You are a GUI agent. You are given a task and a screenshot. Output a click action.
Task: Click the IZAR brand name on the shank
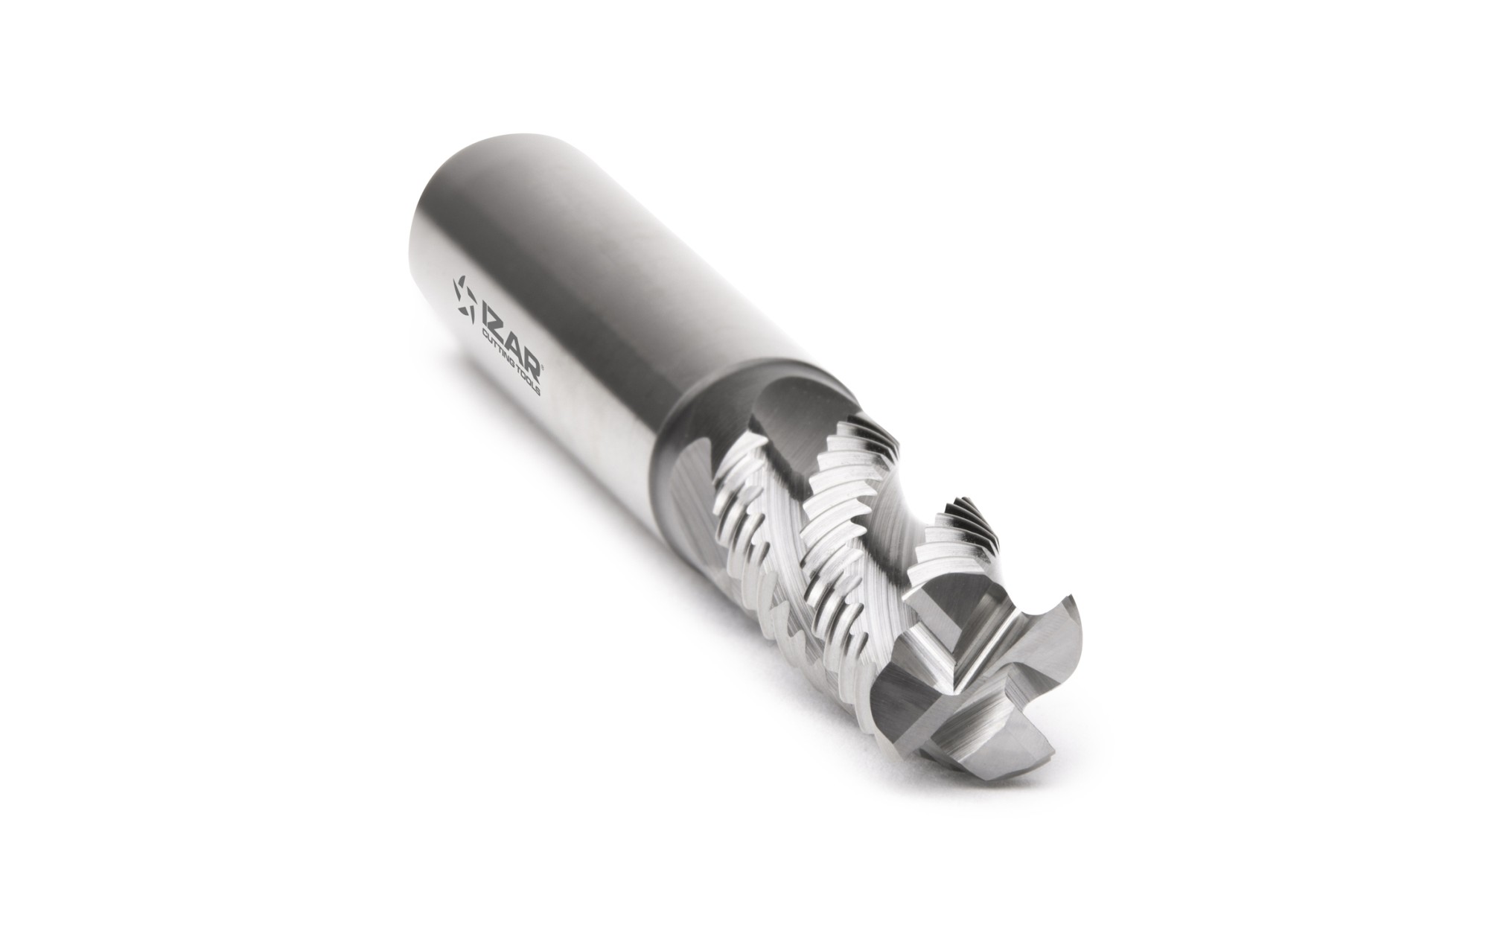(x=509, y=342)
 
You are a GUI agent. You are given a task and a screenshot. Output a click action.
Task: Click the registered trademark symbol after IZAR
(x=542, y=367)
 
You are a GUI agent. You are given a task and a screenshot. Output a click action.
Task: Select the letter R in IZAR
(x=532, y=366)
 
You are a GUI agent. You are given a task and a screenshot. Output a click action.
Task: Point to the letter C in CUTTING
(x=485, y=334)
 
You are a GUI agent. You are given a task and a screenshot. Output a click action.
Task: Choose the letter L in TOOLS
(x=535, y=386)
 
